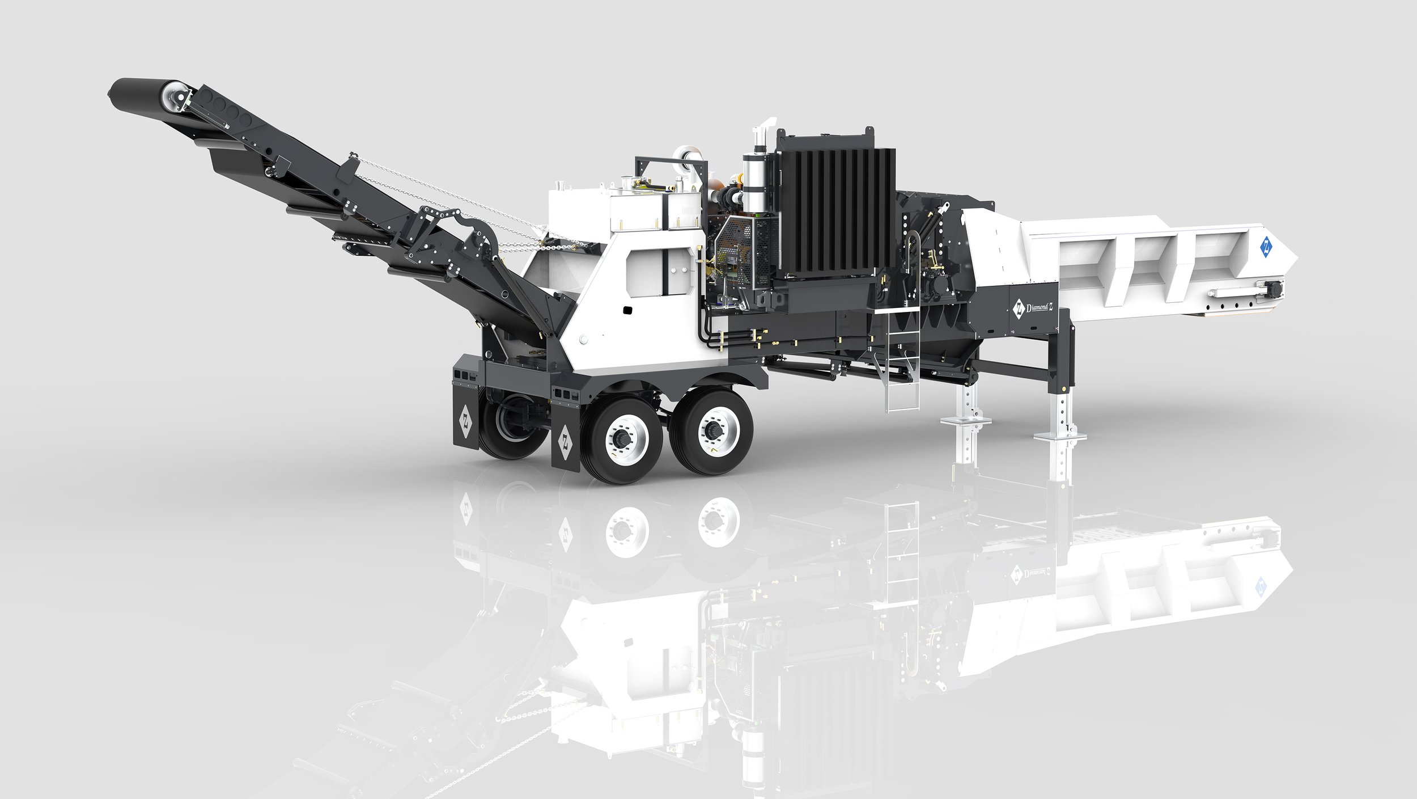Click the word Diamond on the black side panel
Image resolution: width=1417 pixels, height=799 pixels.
(x=1038, y=307)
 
